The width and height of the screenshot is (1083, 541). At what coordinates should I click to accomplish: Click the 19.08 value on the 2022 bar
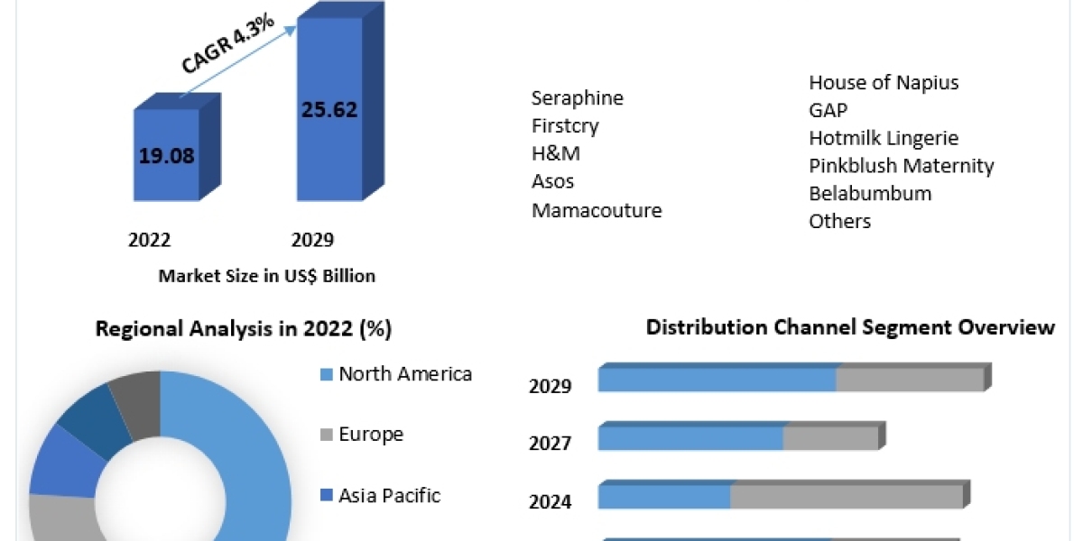(166, 155)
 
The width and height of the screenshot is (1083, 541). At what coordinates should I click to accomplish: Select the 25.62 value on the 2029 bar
(329, 110)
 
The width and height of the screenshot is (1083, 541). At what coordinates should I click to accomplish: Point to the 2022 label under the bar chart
(150, 240)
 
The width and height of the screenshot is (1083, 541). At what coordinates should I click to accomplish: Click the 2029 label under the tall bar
(312, 240)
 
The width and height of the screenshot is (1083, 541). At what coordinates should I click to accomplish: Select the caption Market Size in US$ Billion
(267, 277)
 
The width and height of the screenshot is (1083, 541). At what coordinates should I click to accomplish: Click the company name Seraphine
(578, 97)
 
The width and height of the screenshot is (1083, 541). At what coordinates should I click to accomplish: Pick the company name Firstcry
(565, 125)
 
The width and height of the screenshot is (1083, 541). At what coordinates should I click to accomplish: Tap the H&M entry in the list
(555, 153)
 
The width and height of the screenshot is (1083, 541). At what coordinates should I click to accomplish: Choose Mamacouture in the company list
(597, 210)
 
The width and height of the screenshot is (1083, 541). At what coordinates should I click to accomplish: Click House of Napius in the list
(884, 83)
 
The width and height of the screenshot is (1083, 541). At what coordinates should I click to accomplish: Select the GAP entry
(828, 111)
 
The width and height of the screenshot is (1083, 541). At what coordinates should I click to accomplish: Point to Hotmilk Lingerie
(884, 138)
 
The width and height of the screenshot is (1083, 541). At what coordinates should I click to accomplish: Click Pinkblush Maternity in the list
(902, 166)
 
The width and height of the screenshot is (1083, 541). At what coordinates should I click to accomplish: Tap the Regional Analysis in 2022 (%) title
(244, 329)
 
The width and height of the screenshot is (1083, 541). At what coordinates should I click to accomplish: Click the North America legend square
(327, 374)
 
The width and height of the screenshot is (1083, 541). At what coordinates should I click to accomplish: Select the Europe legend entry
(370, 435)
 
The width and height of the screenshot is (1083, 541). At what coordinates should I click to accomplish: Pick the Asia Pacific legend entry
(389, 495)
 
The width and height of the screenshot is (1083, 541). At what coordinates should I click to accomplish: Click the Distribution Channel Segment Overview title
(850, 327)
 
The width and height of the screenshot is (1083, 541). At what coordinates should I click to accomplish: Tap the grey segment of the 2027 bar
(830, 438)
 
